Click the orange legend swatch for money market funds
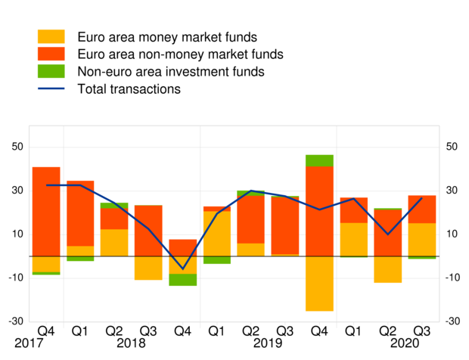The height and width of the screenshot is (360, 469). pos(51,36)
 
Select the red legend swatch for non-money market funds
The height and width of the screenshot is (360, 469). pos(51,54)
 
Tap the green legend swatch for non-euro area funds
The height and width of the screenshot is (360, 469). pos(51,72)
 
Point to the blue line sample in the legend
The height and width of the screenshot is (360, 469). pos(51,89)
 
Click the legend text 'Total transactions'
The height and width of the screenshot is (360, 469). pos(129,89)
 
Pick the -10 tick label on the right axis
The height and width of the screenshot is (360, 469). pos(452,278)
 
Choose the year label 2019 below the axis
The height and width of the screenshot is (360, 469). pos(268,343)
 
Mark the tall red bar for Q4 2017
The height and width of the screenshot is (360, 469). pos(46,212)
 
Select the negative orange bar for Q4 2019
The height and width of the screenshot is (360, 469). pos(319,284)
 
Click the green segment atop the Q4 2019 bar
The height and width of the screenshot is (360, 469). pos(319,160)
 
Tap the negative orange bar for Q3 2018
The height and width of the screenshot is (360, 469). pos(148,268)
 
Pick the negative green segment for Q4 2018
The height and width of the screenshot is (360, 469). pos(182,280)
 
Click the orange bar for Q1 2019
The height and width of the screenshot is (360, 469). pos(216,234)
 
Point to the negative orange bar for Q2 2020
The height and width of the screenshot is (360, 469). pos(387,269)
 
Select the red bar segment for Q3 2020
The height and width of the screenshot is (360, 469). pos(421,209)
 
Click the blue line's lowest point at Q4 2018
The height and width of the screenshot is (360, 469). pos(182,268)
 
